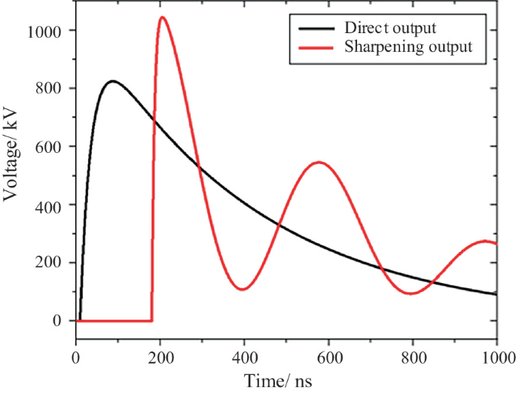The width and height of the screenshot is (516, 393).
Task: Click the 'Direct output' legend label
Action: (390, 29)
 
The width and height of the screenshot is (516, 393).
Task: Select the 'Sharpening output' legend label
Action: (408, 47)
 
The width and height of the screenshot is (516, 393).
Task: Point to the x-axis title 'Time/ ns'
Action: (276, 381)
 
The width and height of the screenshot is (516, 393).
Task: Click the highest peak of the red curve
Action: (161, 17)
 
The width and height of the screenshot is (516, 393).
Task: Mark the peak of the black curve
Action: (112, 81)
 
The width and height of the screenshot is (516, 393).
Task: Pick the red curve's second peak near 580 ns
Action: (319, 162)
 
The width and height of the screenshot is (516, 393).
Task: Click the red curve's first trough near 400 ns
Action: (242, 289)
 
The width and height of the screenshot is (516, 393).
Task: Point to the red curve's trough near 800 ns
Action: (411, 294)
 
